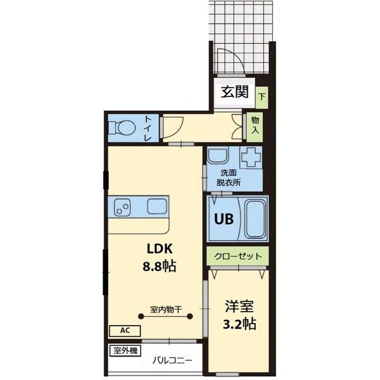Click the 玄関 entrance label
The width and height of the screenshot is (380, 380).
point(234,92)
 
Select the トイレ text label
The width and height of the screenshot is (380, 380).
point(148,127)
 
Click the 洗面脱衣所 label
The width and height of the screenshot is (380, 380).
point(231,177)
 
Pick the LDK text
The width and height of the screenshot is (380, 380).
point(160,248)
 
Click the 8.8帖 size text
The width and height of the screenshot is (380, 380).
point(159,266)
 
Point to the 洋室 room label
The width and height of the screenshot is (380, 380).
point(239,307)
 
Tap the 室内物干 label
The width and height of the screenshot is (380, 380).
point(166,310)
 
